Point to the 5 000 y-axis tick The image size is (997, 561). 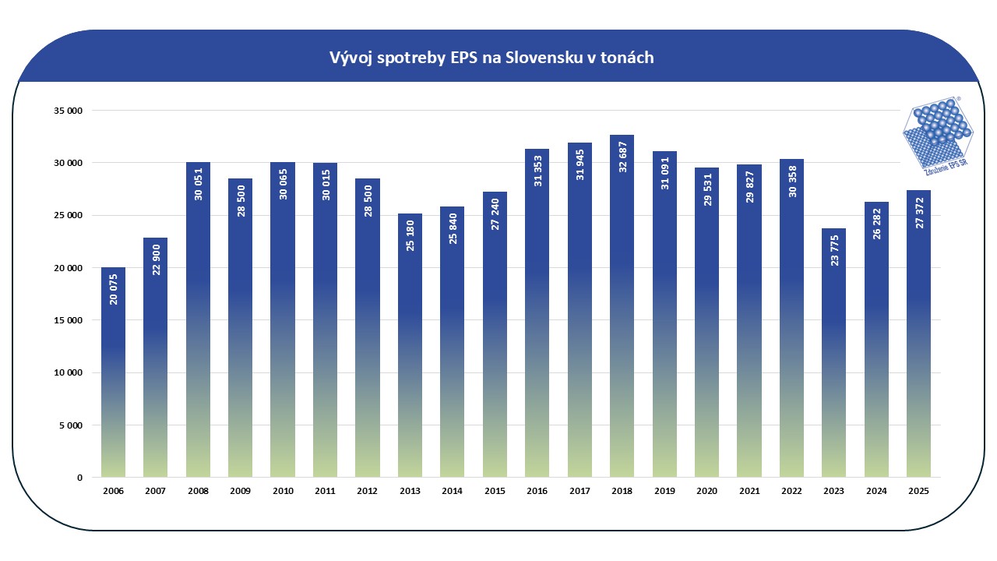point(72,425)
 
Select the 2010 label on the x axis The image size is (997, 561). point(283,491)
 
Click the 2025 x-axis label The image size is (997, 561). point(918,491)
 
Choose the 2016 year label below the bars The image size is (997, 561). point(537,491)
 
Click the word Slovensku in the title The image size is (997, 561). point(542,58)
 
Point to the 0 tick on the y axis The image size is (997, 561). point(79,478)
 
